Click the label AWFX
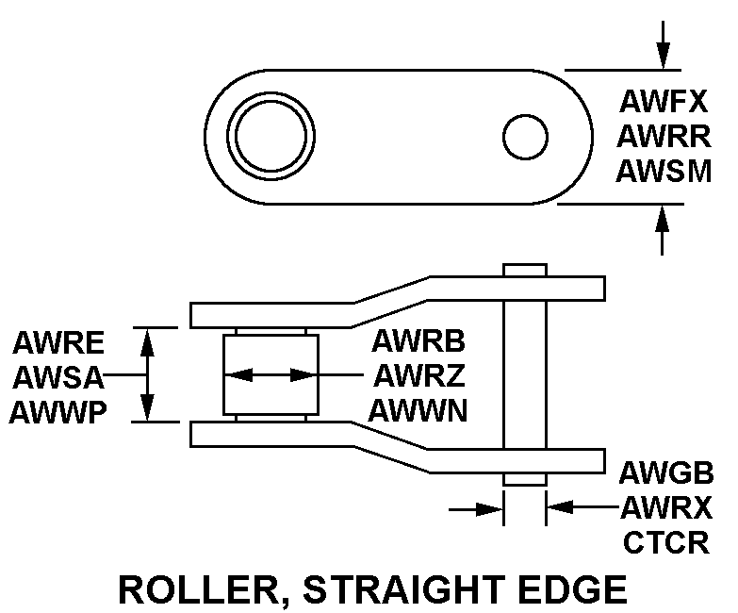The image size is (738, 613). (x=664, y=101)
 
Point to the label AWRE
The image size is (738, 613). (x=58, y=341)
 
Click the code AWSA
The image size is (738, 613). (x=58, y=376)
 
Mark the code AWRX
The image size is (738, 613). (x=665, y=508)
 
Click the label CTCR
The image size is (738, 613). (x=665, y=543)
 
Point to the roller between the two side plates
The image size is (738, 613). (x=269, y=375)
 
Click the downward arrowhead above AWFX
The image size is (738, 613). (x=664, y=56)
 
